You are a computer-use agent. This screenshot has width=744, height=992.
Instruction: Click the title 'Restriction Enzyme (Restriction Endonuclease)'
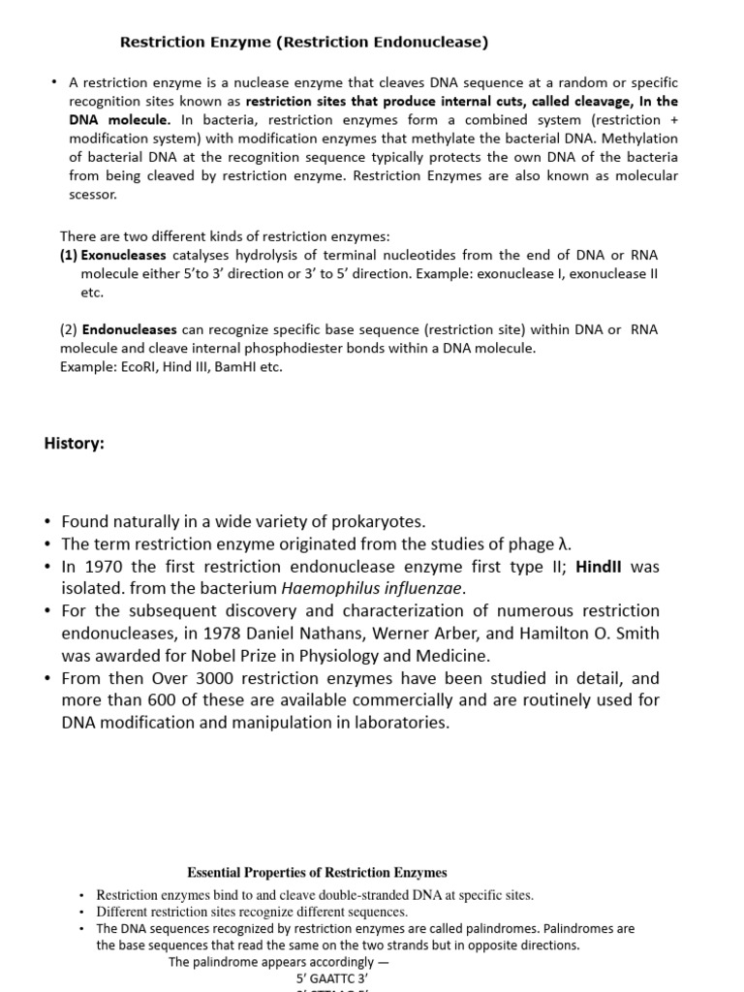pyautogui.click(x=303, y=43)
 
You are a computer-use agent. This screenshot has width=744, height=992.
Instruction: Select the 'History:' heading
pyautogui.click(x=75, y=443)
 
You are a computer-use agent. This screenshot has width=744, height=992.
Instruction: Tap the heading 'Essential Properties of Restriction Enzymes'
pyautogui.click(x=317, y=873)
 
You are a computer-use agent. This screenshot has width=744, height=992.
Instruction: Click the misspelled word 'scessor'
pyautogui.click(x=93, y=194)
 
